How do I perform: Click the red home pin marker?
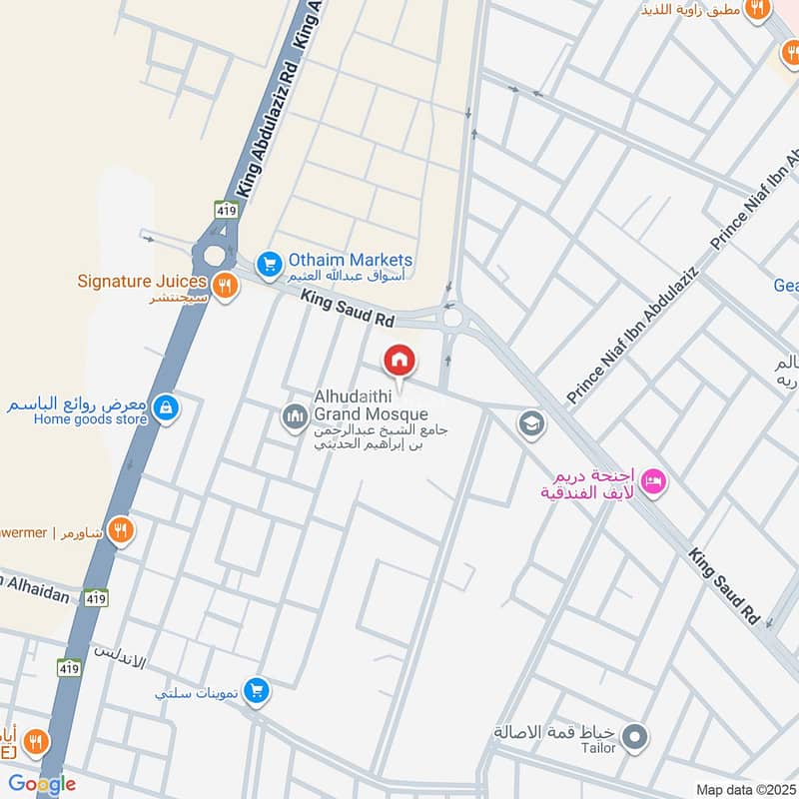click(399, 362)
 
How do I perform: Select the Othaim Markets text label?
click(350, 260)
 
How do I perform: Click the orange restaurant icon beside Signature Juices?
click(227, 285)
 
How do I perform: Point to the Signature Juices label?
click(142, 281)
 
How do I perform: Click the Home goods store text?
click(91, 419)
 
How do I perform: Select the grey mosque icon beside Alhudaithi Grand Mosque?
click(295, 415)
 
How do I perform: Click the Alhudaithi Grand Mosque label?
click(371, 404)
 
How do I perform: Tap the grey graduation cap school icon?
click(531, 424)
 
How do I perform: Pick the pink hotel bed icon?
click(654, 482)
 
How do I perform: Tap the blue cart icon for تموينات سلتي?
click(258, 689)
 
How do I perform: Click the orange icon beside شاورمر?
click(121, 530)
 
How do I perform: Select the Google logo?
click(42, 784)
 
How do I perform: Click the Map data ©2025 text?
click(743, 789)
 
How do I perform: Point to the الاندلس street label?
click(120, 658)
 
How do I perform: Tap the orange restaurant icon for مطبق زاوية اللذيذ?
click(757, 9)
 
